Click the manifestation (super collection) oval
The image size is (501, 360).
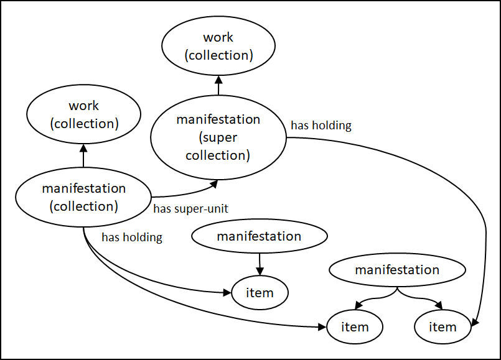pos(218,137)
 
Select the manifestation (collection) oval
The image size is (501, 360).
pos(83,197)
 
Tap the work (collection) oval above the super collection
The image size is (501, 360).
pos(218,47)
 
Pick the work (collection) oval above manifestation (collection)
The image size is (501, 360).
pos(83,115)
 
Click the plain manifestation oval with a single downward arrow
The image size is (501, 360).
pos(259,236)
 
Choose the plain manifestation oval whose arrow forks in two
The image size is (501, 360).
pos(397,270)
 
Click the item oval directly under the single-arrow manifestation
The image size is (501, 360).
pos(260,293)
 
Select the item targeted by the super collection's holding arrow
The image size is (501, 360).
pos(443,326)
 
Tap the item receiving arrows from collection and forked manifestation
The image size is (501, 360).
pos(355,326)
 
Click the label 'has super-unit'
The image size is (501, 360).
pos(190,209)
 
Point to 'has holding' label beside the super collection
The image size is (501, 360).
pos(321,126)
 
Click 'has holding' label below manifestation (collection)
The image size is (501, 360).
pos(131,237)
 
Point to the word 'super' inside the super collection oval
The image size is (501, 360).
pos(218,137)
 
